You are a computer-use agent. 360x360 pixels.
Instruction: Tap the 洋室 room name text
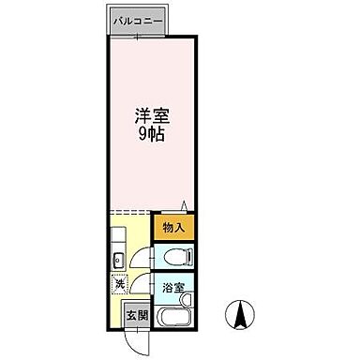coord(152,116)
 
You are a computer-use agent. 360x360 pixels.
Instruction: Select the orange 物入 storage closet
coord(172,228)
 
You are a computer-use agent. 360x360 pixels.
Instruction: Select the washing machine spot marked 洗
coord(119,284)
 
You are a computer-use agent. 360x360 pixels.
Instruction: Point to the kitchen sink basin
coord(118,259)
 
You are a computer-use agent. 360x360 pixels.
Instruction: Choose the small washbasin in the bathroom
coord(187,300)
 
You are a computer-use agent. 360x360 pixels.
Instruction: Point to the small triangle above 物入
coord(185,205)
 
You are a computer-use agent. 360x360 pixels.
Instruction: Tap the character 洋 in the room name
coord(142,116)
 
